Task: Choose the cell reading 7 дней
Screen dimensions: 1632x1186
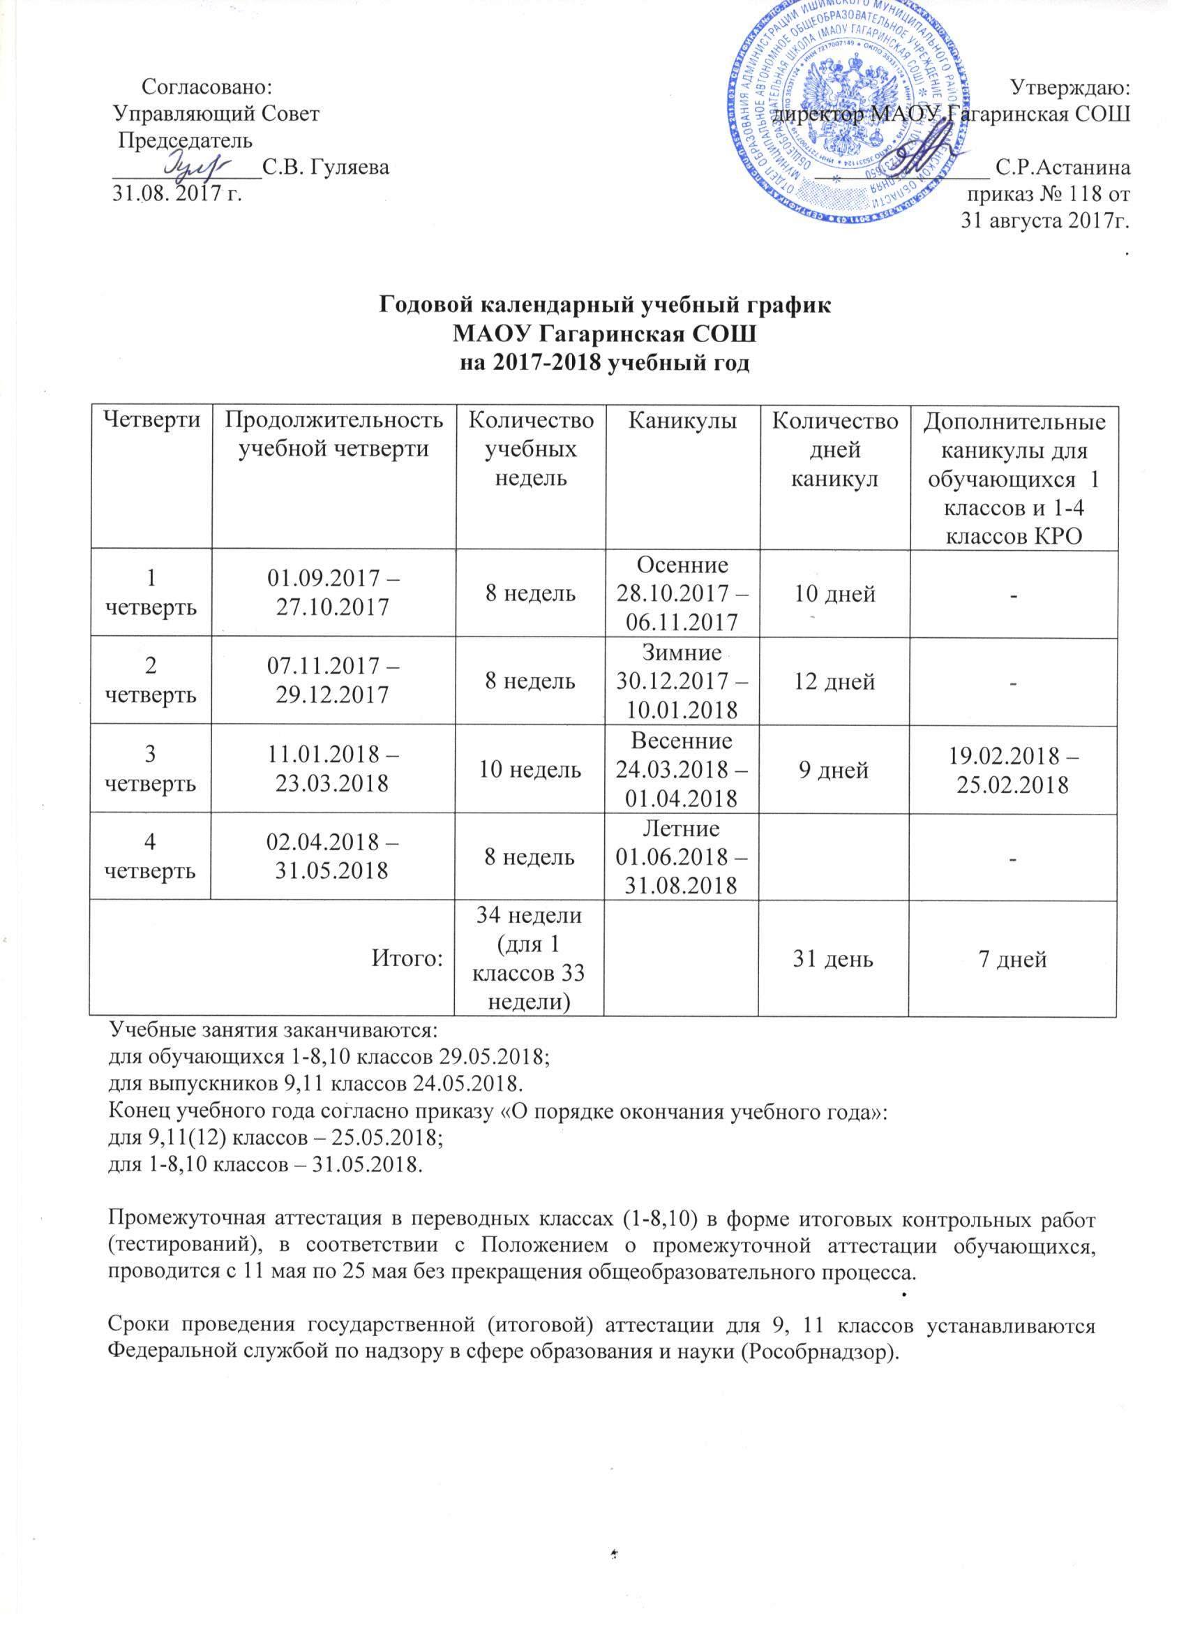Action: tap(1013, 958)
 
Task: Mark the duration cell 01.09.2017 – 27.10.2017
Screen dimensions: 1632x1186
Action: tap(333, 593)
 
